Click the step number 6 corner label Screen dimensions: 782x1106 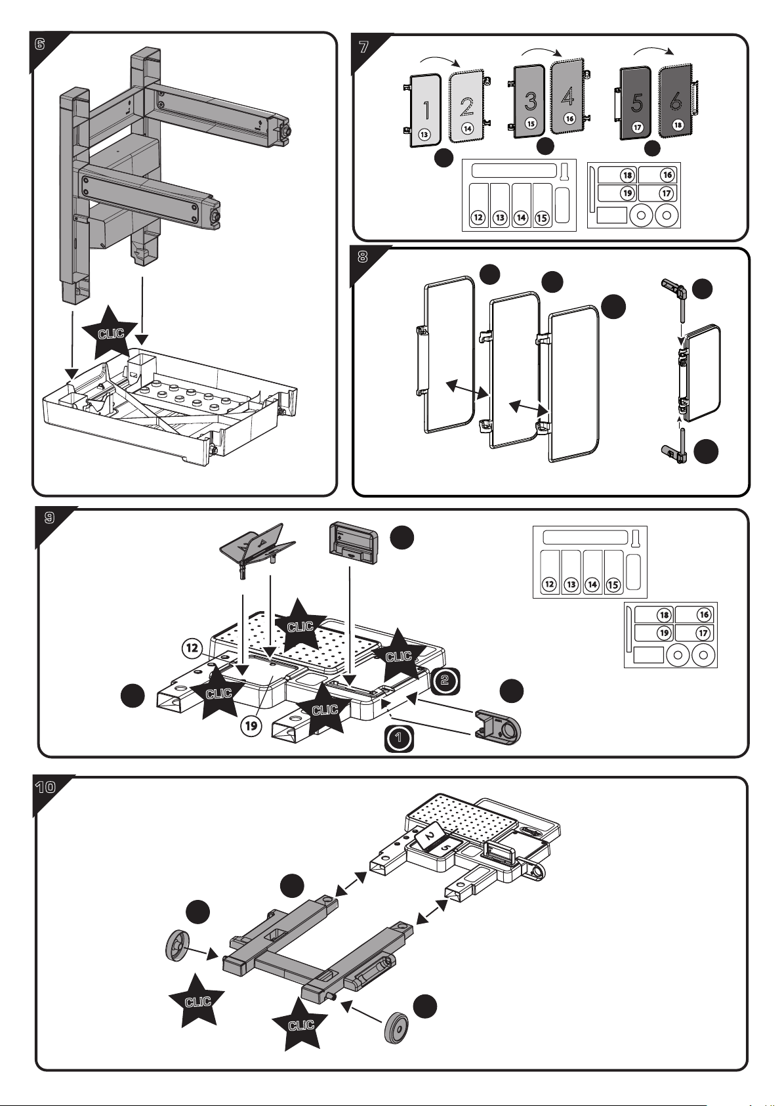pyautogui.click(x=39, y=45)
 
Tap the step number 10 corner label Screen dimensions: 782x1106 pyautogui.click(x=45, y=787)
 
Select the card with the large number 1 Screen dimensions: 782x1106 pyautogui.click(x=424, y=110)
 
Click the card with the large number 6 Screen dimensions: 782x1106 pyautogui.click(x=676, y=100)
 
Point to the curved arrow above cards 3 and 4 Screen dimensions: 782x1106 pyautogui.click(x=542, y=52)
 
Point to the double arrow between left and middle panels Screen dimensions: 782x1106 pyautogui.click(x=467, y=389)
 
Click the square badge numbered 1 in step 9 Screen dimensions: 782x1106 pyautogui.click(x=399, y=738)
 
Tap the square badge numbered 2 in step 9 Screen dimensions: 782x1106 pyautogui.click(x=445, y=680)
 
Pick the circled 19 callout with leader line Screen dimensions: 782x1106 pyautogui.click(x=251, y=726)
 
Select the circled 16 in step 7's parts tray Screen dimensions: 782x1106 pyautogui.click(x=667, y=175)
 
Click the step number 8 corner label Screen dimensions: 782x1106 pyautogui.click(x=363, y=257)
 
